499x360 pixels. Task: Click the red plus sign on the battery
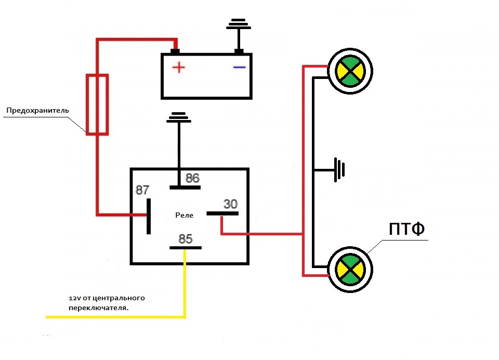tap(178, 68)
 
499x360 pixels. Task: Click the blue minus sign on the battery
tap(239, 67)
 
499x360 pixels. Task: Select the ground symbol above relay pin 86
tap(179, 117)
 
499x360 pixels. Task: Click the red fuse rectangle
tap(97, 104)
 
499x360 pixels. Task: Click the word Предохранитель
tap(37, 111)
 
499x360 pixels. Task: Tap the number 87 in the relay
tap(142, 190)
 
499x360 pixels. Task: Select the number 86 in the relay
tap(192, 178)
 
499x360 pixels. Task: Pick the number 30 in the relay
tap(230, 204)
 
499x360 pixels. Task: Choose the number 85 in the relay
tap(186, 239)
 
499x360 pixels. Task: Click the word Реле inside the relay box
tap(184, 215)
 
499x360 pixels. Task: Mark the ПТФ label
tap(406, 229)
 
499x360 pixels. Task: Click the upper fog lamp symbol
tap(350, 71)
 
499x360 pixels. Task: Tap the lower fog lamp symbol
tap(350, 270)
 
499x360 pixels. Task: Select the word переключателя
tap(99, 308)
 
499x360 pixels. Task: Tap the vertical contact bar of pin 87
tap(149, 216)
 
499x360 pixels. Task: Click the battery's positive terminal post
tap(175, 51)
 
